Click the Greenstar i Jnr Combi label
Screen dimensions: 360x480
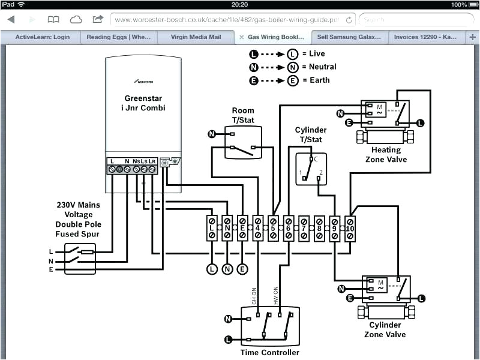pyautogui.click(x=144, y=103)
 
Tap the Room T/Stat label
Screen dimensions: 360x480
pyautogui.click(x=243, y=115)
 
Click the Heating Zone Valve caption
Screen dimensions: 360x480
pyautogui.click(x=386, y=154)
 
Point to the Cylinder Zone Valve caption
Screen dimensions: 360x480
pyautogui.click(x=386, y=330)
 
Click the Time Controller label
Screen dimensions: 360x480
pyautogui.click(x=269, y=352)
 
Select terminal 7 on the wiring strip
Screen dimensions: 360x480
pyautogui.click(x=304, y=229)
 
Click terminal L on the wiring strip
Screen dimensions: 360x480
pyautogui.click(x=212, y=229)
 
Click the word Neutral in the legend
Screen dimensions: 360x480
pyautogui.click(x=322, y=67)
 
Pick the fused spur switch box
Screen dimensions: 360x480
pyautogui.click(x=80, y=259)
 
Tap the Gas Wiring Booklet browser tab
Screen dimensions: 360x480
pyautogui.click(x=276, y=37)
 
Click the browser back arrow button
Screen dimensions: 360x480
pyautogui.click(x=11, y=20)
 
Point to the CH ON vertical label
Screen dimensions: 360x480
pyautogui.click(x=253, y=295)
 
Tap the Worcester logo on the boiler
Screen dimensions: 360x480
pyautogui.click(x=144, y=79)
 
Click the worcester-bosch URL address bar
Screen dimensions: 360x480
pyautogui.click(x=231, y=20)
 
